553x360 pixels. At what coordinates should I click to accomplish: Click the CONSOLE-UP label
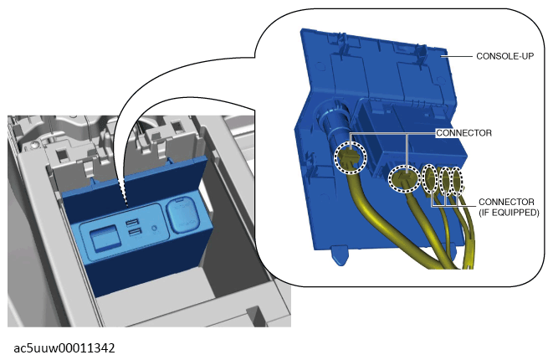pos(504,56)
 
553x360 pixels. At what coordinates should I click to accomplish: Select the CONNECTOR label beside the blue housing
pos(463,133)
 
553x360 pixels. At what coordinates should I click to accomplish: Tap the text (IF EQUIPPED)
pos(509,213)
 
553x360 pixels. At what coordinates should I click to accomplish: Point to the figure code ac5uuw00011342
pos(64,348)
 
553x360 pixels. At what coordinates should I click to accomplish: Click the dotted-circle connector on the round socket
pos(351,157)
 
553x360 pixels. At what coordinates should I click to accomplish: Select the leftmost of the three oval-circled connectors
pos(430,178)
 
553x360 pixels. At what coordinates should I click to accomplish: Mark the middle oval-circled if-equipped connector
pos(446,181)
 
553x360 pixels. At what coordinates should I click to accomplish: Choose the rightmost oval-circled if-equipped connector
pos(456,181)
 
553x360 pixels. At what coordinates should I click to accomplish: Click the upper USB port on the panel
pos(132,223)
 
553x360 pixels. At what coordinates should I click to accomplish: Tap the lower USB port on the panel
pos(135,232)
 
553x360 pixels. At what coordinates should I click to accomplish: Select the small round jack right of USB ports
pos(154,229)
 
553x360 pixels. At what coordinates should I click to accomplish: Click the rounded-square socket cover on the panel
pos(182,215)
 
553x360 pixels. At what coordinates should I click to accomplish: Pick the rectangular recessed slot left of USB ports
pos(103,238)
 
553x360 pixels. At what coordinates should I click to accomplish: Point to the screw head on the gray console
pos(33,144)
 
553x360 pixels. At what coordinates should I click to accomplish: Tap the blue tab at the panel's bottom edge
pos(339,256)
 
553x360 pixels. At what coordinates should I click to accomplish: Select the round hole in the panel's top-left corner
pos(320,66)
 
